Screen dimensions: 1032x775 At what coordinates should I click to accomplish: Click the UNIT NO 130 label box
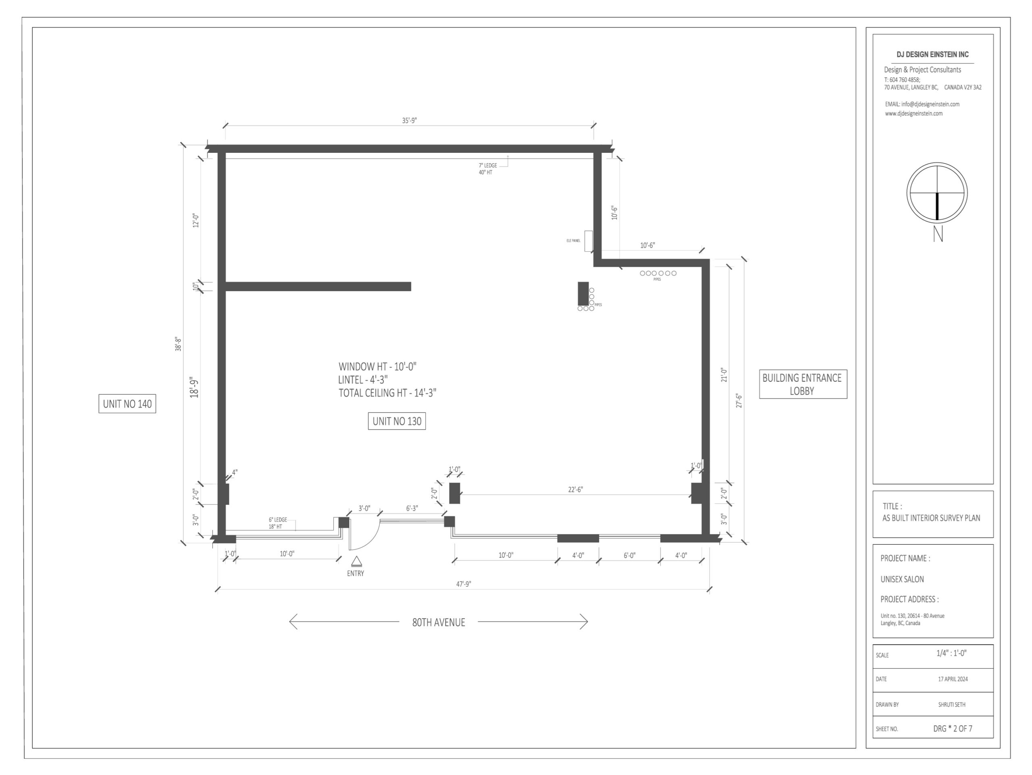[397, 421]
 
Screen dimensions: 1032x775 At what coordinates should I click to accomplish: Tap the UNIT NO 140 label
[127, 404]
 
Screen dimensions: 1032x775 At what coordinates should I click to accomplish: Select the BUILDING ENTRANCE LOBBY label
[803, 384]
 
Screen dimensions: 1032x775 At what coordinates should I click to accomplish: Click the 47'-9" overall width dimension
[464, 584]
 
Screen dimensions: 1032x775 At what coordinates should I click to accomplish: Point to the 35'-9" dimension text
[410, 121]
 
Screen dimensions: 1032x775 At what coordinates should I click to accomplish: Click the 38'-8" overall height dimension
[178, 344]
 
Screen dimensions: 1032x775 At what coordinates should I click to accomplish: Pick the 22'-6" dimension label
[575, 490]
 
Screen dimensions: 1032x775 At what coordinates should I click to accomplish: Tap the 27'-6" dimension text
[739, 400]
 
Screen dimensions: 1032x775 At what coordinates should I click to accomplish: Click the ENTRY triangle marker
[356, 561]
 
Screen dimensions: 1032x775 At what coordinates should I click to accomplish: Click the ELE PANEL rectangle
[588, 241]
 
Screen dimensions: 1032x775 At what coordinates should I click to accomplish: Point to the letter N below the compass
[938, 234]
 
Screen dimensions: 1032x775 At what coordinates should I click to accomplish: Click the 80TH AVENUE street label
[439, 623]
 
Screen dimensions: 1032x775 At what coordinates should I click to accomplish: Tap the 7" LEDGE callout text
[487, 165]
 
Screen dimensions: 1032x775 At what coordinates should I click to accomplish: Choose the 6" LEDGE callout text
[278, 520]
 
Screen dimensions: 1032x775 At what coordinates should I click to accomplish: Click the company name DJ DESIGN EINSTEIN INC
[932, 54]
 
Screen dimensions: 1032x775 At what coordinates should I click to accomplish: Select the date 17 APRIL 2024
[953, 679]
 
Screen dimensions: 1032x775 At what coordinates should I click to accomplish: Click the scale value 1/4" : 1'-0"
[951, 653]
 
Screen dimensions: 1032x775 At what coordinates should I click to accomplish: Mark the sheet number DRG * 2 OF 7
[953, 728]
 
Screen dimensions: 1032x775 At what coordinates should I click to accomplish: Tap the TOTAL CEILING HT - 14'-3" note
[387, 393]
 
